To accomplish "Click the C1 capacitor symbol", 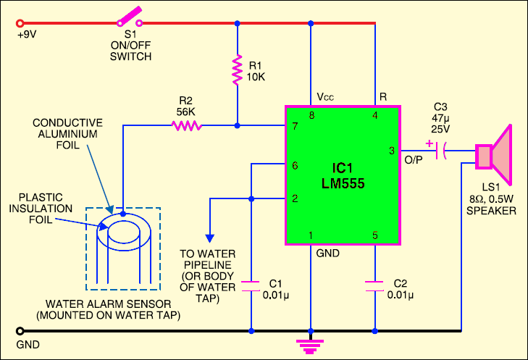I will coord(251,286).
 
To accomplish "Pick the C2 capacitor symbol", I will coord(376,286).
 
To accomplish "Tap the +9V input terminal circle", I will coord(20,22).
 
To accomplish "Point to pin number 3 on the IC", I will coord(391,151).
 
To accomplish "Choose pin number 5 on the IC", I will coord(375,234).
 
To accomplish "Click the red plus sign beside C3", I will coord(429,143).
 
